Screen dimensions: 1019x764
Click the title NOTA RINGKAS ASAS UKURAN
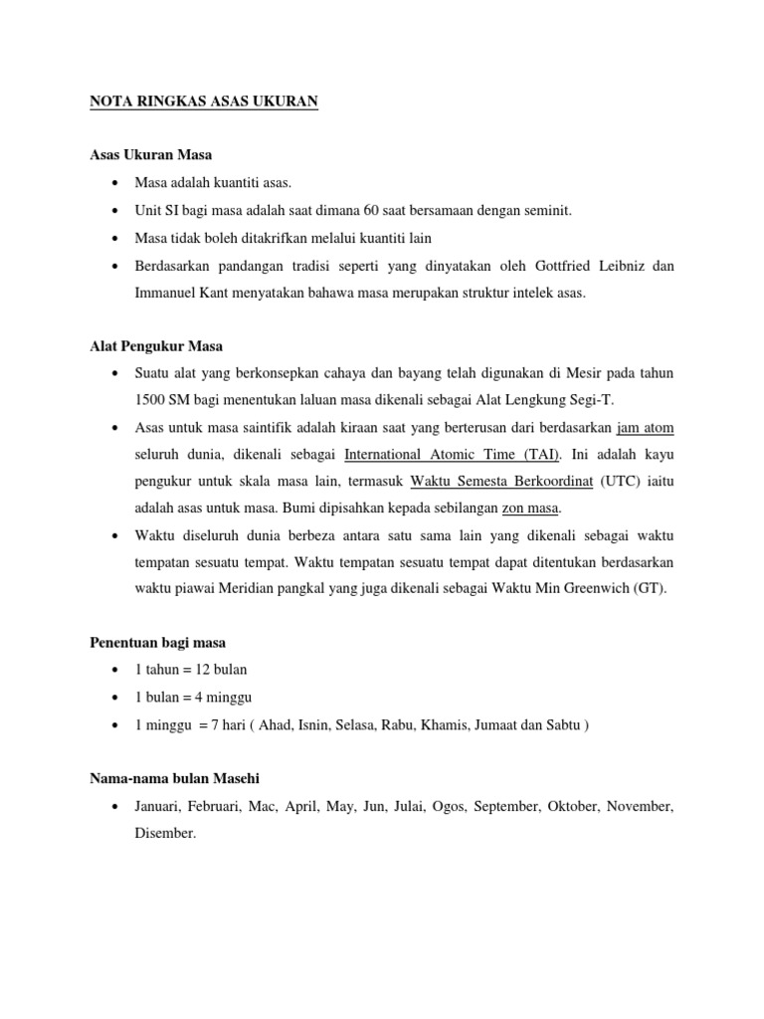pos(204,102)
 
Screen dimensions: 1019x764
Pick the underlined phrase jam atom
pos(645,428)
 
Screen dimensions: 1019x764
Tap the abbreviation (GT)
pos(653,588)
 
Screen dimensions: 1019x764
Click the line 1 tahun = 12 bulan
pos(191,670)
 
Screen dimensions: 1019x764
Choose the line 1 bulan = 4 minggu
pos(192,698)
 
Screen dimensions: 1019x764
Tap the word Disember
pos(165,833)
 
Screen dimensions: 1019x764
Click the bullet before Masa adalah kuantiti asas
pos(117,183)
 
